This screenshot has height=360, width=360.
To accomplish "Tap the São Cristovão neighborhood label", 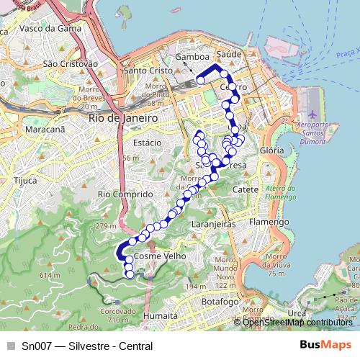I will click(x=71, y=63).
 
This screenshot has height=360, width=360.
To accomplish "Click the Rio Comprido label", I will click(x=125, y=194).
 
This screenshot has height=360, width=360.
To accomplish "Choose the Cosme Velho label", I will click(x=161, y=256).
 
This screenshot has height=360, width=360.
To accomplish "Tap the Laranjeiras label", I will click(x=215, y=225).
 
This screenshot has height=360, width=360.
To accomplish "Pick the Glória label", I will click(x=271, y=150).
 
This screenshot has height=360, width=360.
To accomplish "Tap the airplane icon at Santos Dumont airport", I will click(x=312, y=115).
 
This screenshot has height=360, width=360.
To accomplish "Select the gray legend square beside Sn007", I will click(x=11, y=346).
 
